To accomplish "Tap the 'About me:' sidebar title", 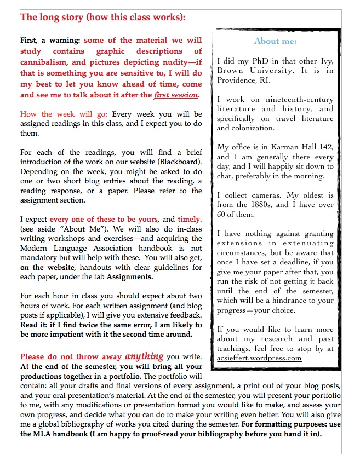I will click(x=275, y=41).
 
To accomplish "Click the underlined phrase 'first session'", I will click(x=176, y=95).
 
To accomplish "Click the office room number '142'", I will click(x=325, y=147).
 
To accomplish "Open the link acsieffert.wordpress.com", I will click(x=259, y=358).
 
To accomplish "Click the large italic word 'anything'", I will click(x=144, y=356).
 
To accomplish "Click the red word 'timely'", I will click(x=190, y=220).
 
